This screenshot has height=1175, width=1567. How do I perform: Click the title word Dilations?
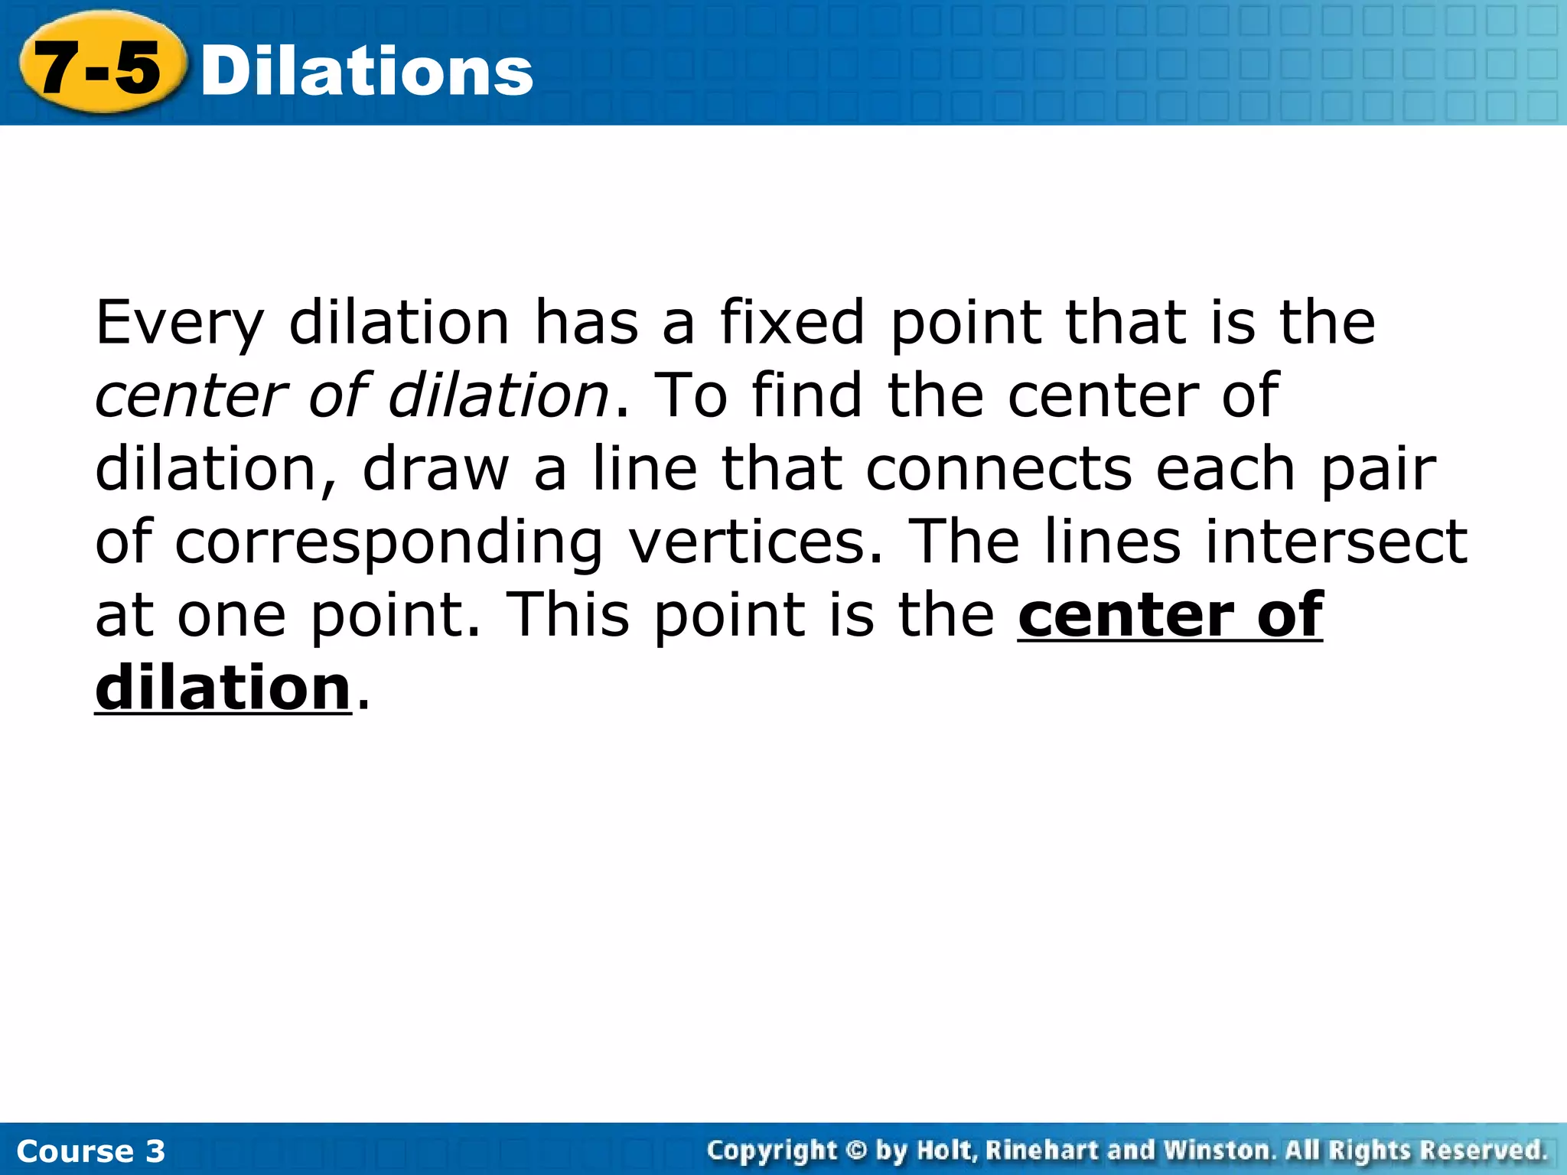(x=367, y=71)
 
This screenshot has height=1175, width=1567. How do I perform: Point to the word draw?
(x=435, y=468)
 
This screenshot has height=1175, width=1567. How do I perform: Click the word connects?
(x=998, y=468)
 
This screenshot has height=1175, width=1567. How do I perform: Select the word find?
(x=806, y=395)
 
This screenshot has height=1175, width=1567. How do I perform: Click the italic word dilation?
(x=498, y=395)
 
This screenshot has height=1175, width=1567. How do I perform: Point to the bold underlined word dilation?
(x=223, y=688)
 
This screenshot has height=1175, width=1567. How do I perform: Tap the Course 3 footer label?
(x=90, y=1151)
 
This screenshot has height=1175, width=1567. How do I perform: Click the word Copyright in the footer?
(x=772, y=1151)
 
